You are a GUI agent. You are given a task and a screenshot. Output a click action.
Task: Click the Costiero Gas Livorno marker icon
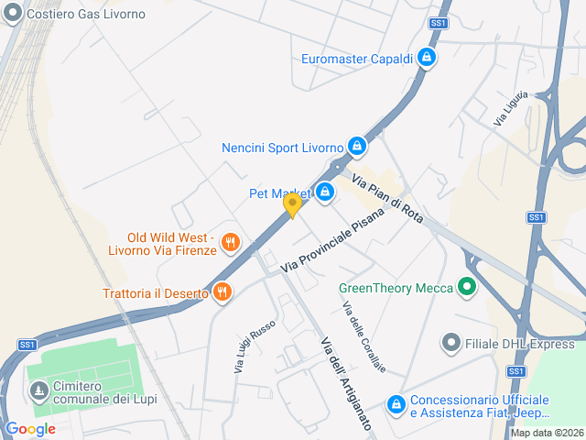(13, 15)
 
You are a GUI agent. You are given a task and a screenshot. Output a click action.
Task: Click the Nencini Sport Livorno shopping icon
(357, 146)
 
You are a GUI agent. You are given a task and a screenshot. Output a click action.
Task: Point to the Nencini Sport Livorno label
(282, 148)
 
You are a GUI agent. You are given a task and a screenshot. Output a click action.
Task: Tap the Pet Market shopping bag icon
(324, 192)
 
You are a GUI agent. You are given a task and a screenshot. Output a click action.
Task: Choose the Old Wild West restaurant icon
(230, 243)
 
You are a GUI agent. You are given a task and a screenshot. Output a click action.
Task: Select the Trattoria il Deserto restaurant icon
(222, 292)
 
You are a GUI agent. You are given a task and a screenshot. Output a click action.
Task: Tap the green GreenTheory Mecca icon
(467, 288)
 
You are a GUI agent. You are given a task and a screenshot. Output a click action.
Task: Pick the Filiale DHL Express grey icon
(450, 344)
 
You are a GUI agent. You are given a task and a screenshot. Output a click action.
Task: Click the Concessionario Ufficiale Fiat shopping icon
(396, 403)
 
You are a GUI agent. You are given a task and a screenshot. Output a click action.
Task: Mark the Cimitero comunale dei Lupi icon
(38, 392)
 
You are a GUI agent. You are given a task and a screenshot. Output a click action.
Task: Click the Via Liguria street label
(511, 108)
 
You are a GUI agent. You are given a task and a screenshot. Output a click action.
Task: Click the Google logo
(30, 428)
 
